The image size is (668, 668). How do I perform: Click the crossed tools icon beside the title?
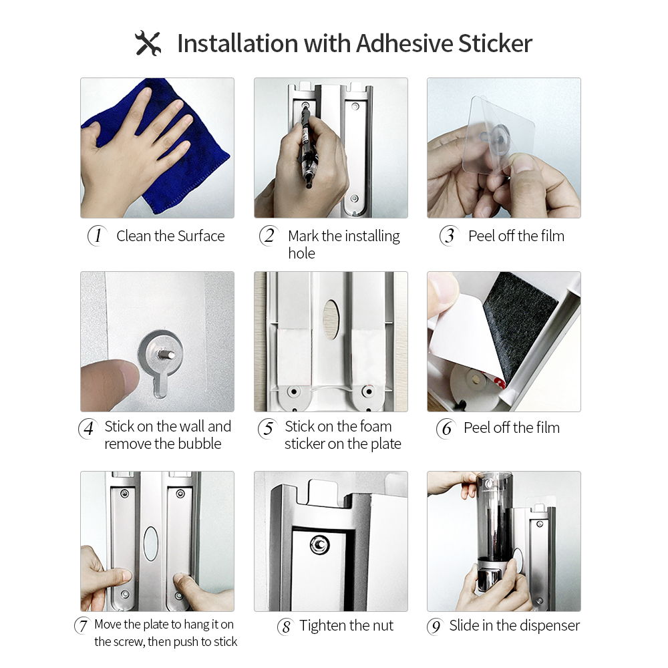(x=148, y=43)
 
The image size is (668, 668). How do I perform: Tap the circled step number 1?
(x=98, y=236)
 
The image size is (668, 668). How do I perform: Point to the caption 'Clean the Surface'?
(x=170, y=236)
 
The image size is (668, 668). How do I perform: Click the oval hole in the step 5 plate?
(x=331, y=317)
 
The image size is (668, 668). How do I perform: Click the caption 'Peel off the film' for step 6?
(x=512, y=428)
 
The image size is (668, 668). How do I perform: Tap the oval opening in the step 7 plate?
(x=151, y=542)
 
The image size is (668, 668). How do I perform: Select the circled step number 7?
(x=83, y=626)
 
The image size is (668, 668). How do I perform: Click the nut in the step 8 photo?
(x=319, y=546)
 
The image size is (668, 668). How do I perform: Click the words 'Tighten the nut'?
(x=347, y=626)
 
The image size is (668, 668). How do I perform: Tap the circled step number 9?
(x=435, y=627)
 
